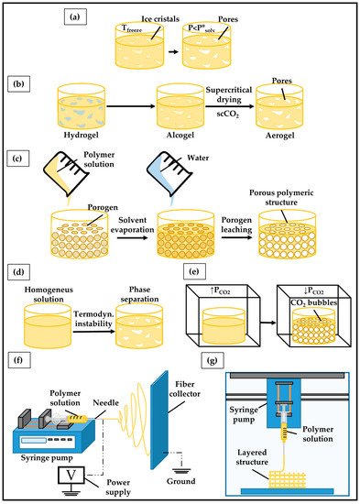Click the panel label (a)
point(75,17)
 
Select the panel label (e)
point(194,272)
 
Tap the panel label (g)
point(213,360)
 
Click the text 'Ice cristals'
point(160,19)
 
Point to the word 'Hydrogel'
point(81,135)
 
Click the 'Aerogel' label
point(279,136)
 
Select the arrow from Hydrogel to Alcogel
point(131,105)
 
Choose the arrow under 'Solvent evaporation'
point(133,238)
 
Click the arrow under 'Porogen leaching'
point(236,238)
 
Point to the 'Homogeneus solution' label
point(49,294)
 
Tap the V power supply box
point(71,475)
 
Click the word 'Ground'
point(181,481)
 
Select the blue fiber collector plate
point(159,420)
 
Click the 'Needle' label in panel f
point(105,403)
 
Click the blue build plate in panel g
point(287,491)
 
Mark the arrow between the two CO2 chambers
point(268,323)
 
